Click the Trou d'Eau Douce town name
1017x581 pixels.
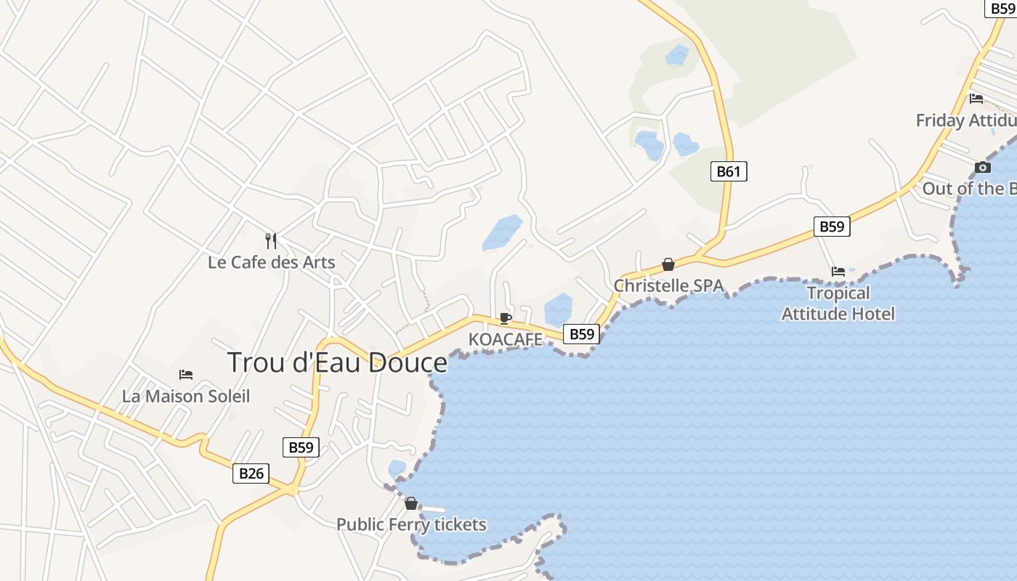tap(337, 362)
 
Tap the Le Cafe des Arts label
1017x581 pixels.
tap(271, 262)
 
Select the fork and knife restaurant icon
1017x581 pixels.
tap(271, 240)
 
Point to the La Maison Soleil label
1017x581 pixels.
tap(186, 397)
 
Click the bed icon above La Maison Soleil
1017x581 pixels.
tap(186, 375)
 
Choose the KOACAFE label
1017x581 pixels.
tap(506, 339)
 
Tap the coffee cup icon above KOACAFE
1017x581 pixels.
tap(506, 318)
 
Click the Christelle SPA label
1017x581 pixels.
tap(668, 285)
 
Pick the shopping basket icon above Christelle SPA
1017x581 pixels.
tap(668, 264)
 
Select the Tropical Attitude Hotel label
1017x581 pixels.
tap(838, 304)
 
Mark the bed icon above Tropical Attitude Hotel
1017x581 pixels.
tap(838, 272)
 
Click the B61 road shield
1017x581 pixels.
tap(728, 171)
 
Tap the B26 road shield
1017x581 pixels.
tap(251, 474)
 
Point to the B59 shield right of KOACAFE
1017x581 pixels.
tap(581, 334)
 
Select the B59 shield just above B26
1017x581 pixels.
tap(300, 447)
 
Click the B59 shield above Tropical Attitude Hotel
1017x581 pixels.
tap(832, 227)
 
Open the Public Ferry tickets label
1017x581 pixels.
tap(411, 524)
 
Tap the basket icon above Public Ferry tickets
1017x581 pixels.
tap(411, 503)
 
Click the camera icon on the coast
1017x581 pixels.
tap(983, 168)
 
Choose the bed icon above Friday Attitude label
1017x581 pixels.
tap(976, 99)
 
